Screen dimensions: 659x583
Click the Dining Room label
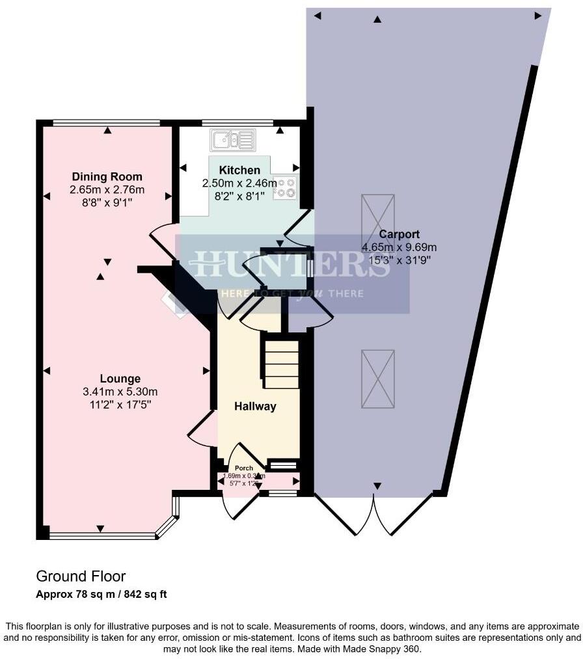click(x=107, y=177)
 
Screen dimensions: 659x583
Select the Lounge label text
click(x=120, y=379)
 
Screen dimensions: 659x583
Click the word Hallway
click(x=255, y=407)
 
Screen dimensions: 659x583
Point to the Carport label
click(x=399, y=234)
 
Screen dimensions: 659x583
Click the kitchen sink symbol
click(x=232, y=140)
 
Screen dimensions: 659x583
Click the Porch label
click(x=244, y=468)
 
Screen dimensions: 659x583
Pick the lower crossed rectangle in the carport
click(x=378, y=378)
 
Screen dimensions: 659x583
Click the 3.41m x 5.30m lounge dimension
click(x=120, y=392)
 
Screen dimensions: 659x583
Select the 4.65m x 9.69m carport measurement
click(x=399, y=247)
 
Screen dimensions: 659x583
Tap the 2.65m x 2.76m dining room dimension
click(x=107, y=190)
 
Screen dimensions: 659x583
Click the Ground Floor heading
click(x=81, y=576)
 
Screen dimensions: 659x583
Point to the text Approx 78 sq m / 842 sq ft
click(x=102, y=594)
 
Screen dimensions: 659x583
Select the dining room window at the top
click(x=106, y=122)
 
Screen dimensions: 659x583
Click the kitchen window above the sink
click(x=237, y=122)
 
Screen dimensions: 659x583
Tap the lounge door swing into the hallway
click(x=202, y=429)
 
